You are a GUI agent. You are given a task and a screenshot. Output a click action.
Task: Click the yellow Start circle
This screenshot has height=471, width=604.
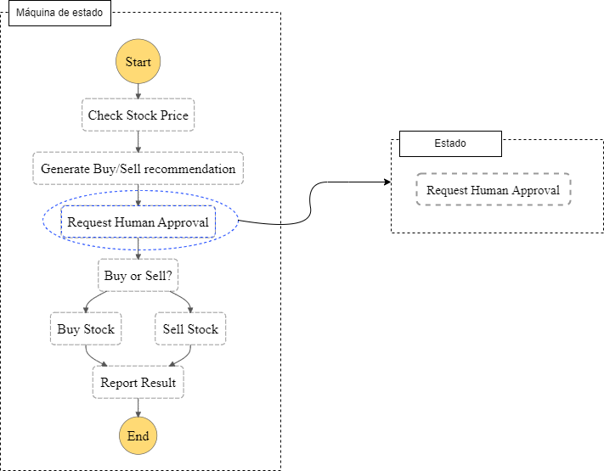tap(138, 61)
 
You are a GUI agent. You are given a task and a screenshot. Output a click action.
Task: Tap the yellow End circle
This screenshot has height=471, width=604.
tap(138, 435)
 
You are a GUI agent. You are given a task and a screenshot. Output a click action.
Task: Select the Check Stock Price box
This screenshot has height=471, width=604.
tap(138, 115)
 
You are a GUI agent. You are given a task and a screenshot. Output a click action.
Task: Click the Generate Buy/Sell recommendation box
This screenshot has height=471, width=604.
tap(138, 168)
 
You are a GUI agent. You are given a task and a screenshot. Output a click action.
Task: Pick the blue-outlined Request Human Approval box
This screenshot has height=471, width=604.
tap(138, 221)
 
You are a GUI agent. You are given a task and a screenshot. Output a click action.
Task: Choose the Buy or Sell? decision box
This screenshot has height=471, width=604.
tap(138, 275)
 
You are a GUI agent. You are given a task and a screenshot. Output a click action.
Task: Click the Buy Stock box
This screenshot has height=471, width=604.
tap(86, 328)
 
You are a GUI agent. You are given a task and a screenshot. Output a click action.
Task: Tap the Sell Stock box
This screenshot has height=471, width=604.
tap(190, 328)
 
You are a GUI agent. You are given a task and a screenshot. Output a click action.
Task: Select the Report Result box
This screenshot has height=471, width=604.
tap(138, 382)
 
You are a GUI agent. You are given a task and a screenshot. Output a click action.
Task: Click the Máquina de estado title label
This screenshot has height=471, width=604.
tap(59, 13)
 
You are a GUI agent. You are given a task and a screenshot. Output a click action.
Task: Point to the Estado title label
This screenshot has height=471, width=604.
tap(450, 143)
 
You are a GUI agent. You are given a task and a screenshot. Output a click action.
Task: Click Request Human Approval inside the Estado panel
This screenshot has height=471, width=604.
tap(493, 189)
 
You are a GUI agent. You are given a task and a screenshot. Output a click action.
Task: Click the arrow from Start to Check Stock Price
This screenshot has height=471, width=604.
tap(138, 91)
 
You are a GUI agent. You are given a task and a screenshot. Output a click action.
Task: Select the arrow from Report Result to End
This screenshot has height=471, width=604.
tap(138, 407)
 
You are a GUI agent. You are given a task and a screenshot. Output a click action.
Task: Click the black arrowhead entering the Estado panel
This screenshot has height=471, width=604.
tap(387, 182)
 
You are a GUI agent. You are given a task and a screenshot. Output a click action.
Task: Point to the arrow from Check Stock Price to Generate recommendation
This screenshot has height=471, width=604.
tap(138, 142)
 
